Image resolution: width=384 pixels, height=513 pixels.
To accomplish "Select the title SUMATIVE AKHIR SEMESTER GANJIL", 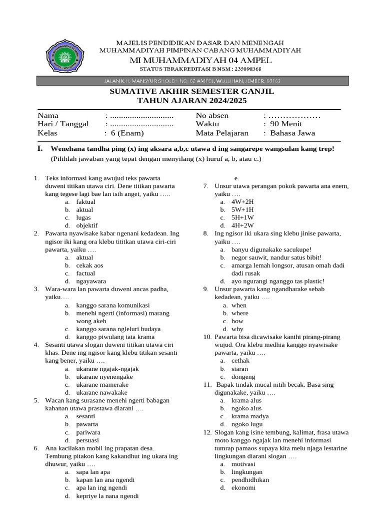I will coord(192,92).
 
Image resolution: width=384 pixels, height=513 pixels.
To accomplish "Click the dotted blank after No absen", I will coord(294,116).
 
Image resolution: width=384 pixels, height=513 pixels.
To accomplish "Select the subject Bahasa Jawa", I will coord(292,133).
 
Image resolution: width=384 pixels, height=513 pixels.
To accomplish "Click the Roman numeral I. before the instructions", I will coord(40,149).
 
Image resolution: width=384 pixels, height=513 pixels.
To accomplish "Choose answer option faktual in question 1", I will coord(85,202).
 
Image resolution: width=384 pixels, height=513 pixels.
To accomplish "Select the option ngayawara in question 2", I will coord(91,281).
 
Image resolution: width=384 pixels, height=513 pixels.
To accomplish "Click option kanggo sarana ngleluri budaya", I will coord(118,329).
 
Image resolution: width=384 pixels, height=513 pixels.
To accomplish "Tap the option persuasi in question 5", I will coord(87,440).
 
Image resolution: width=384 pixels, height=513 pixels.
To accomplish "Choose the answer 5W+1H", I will coord(242,210).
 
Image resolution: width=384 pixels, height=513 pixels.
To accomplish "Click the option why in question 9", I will coord(237,329).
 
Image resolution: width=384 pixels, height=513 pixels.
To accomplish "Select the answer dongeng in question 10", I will coord(243,377).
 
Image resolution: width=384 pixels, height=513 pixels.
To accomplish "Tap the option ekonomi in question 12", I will coord(243,487).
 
